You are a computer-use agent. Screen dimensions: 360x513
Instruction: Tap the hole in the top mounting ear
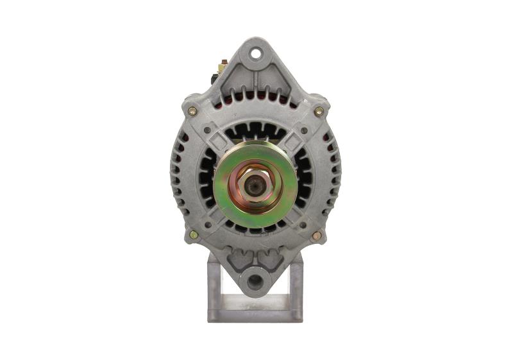coord(256,53)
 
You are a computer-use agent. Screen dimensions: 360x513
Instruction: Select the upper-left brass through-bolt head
coord(192,111)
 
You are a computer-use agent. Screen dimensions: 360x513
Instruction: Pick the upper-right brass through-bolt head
coord(319,111)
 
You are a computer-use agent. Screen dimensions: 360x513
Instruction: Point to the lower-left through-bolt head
coord(194,236)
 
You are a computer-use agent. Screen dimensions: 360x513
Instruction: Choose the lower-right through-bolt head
coord(316,236)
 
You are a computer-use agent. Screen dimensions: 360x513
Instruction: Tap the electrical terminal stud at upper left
coord(223,64)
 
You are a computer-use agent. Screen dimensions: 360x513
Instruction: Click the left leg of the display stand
coord(214,282)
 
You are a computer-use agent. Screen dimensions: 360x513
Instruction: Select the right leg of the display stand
coord(296,282)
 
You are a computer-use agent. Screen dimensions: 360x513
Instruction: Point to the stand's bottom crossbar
coord(255,316)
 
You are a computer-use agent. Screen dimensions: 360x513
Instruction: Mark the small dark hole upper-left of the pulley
coord(207,130)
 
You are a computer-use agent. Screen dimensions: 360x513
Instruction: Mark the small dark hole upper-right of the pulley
coord(303,130)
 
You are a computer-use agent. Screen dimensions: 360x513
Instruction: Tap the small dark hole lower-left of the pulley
coord(207,225)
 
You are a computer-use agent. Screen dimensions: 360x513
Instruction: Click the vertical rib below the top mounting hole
coord(256,81)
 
